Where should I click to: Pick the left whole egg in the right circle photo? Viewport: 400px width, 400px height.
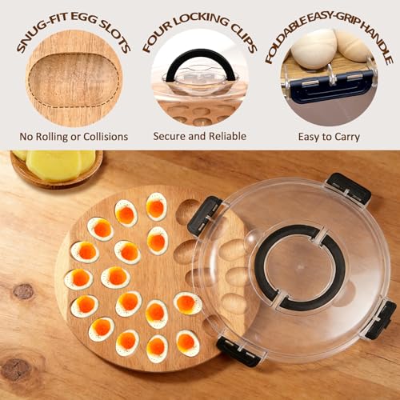314,50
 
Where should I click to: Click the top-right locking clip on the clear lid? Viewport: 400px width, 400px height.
349,188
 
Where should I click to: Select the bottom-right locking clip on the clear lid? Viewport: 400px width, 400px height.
381,318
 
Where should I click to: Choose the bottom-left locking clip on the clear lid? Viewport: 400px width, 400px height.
238,350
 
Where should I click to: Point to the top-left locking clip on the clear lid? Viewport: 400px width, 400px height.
205,215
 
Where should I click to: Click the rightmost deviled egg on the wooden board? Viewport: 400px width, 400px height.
188,302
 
